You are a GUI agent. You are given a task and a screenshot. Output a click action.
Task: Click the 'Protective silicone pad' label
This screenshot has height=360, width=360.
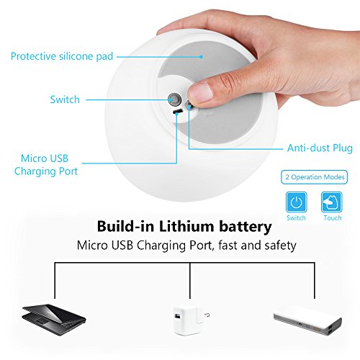click(x=62, y=56)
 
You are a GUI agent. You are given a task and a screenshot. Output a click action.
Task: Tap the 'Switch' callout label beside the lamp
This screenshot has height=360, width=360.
click(x=65, y=99)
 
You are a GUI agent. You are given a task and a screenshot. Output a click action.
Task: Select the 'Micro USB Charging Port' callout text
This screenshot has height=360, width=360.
click(x=46, y=165)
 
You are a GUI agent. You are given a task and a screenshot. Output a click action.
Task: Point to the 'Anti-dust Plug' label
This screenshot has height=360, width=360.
click(x=320, y=148)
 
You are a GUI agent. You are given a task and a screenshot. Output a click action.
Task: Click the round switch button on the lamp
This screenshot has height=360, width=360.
click(x=174, y=99)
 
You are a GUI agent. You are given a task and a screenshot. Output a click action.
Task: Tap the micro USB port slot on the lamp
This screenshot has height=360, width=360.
click(x=178, y=112)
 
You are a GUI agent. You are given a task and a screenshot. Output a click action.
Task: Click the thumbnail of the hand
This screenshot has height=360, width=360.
click(x=200, y=92)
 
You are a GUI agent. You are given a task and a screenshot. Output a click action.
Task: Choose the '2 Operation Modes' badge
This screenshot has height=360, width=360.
click(x=315, y=177)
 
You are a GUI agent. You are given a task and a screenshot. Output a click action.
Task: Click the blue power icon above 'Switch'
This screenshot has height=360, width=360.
click(x=297, y=202)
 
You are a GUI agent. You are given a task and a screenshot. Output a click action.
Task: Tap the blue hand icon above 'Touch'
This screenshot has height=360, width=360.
click(x=332, y=202)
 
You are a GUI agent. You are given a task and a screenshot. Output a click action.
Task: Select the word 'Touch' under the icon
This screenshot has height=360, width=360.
click(x=333, y=218)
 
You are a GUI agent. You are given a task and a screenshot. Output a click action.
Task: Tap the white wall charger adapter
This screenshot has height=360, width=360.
click(x=189, y=320)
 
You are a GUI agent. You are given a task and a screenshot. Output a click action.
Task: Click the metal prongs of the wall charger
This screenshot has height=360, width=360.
click(x=207, y=315)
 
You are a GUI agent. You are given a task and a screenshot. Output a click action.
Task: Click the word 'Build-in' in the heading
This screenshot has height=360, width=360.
click(x=125, y=226)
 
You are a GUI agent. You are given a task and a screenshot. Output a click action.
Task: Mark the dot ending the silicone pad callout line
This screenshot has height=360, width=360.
click(x=202, y=57)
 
